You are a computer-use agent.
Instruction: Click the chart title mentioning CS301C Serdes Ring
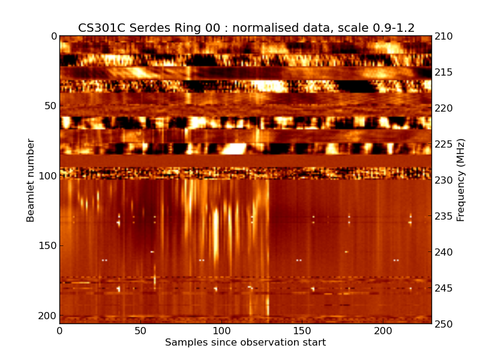click(246, 28)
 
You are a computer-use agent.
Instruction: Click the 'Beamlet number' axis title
click(31, 180)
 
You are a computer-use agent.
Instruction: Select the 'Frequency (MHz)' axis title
click(461, 180)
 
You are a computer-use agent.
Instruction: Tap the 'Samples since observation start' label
click(245, 343)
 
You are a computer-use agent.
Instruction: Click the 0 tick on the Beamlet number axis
click(53, 36)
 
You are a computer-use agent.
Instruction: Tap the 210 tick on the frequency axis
click(443, 36)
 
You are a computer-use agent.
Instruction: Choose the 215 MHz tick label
click(443, 72)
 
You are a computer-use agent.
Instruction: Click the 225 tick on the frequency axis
click(443, 144)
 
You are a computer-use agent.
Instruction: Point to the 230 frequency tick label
click(443, 180)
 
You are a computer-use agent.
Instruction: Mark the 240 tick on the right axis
click(443, 252)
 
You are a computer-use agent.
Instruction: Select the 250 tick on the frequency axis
click(443, 324)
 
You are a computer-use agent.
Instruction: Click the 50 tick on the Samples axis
click(140, 331)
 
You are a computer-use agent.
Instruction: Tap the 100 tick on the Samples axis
click(221, 331)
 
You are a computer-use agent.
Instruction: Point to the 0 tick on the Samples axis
click(59, 331)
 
